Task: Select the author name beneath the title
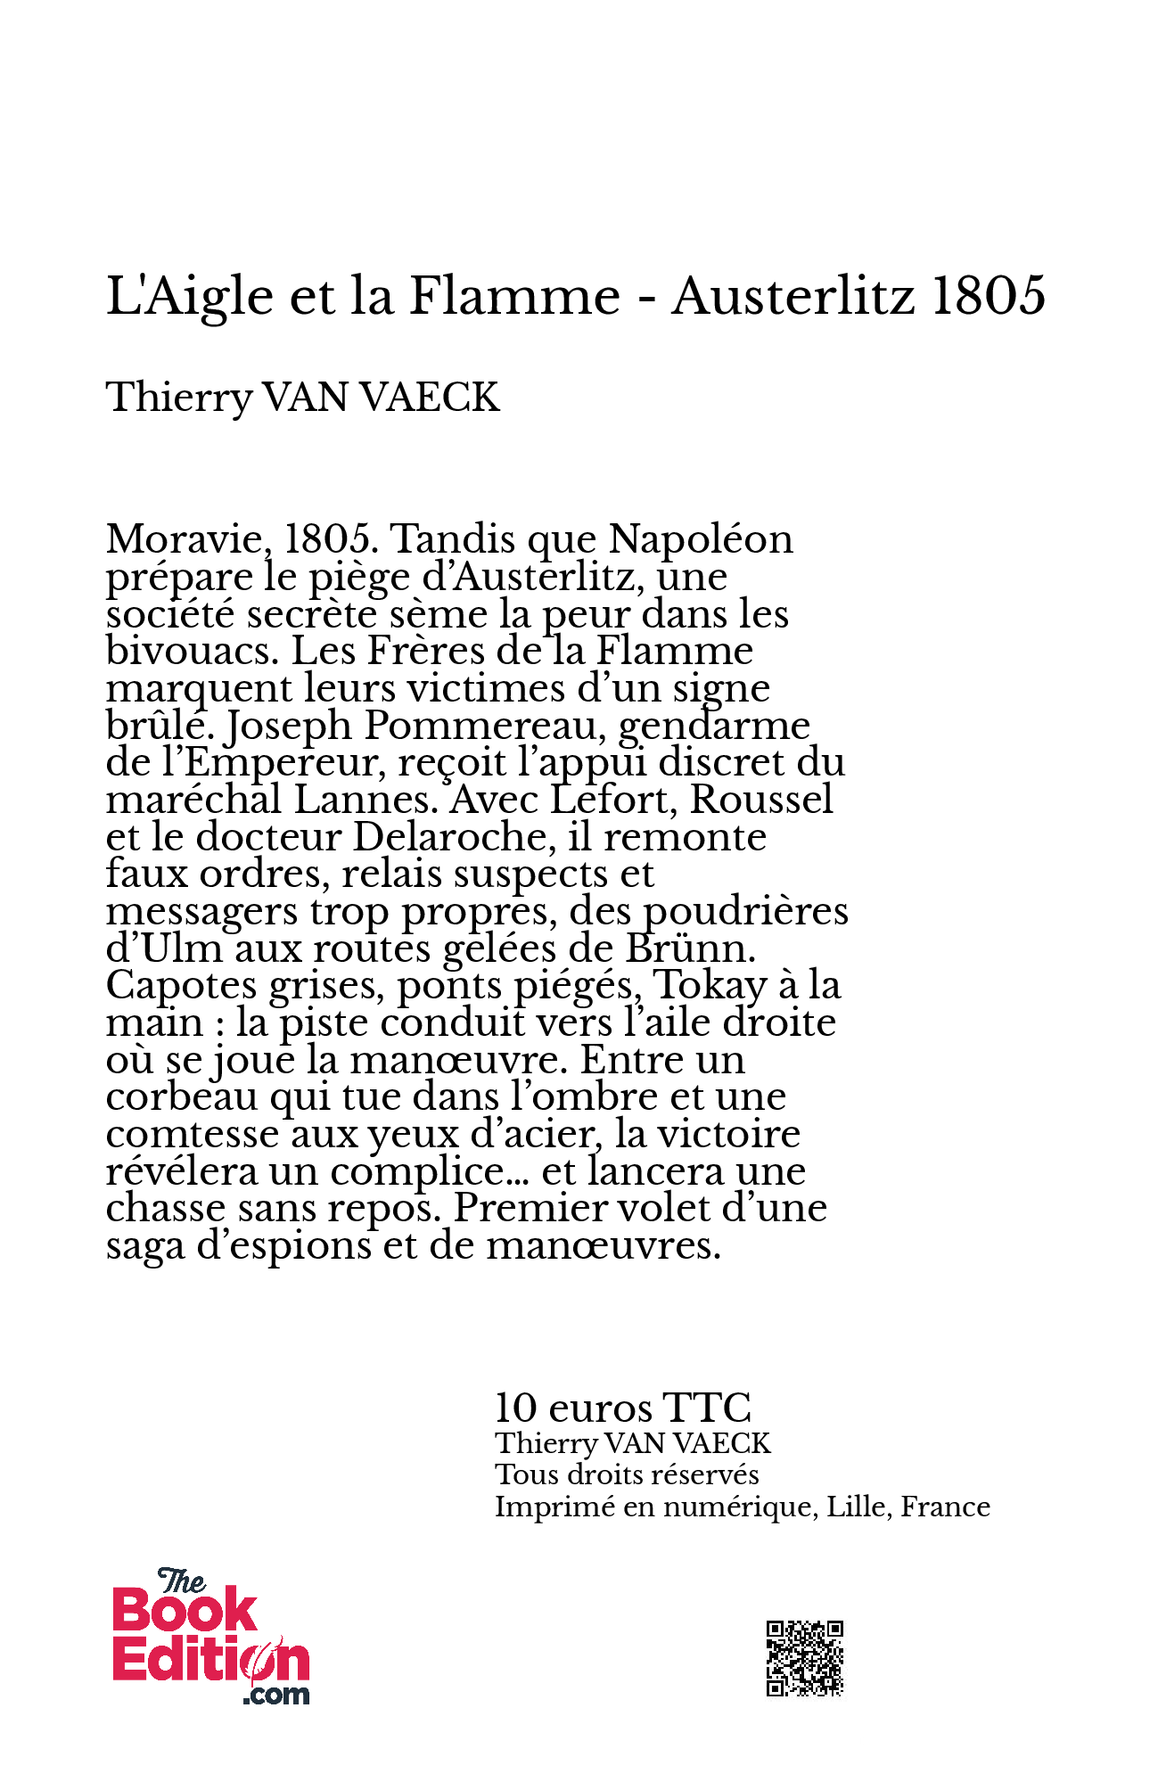[302, 398]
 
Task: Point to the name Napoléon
[701, 539]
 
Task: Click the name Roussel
[761, 800]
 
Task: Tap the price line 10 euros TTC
[622, 1408]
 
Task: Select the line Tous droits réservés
[627, 1474]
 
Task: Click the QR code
[804, 1658]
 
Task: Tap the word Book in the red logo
[185, 1613]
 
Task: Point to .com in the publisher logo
[276, 1695]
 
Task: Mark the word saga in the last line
[145, 1246]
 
